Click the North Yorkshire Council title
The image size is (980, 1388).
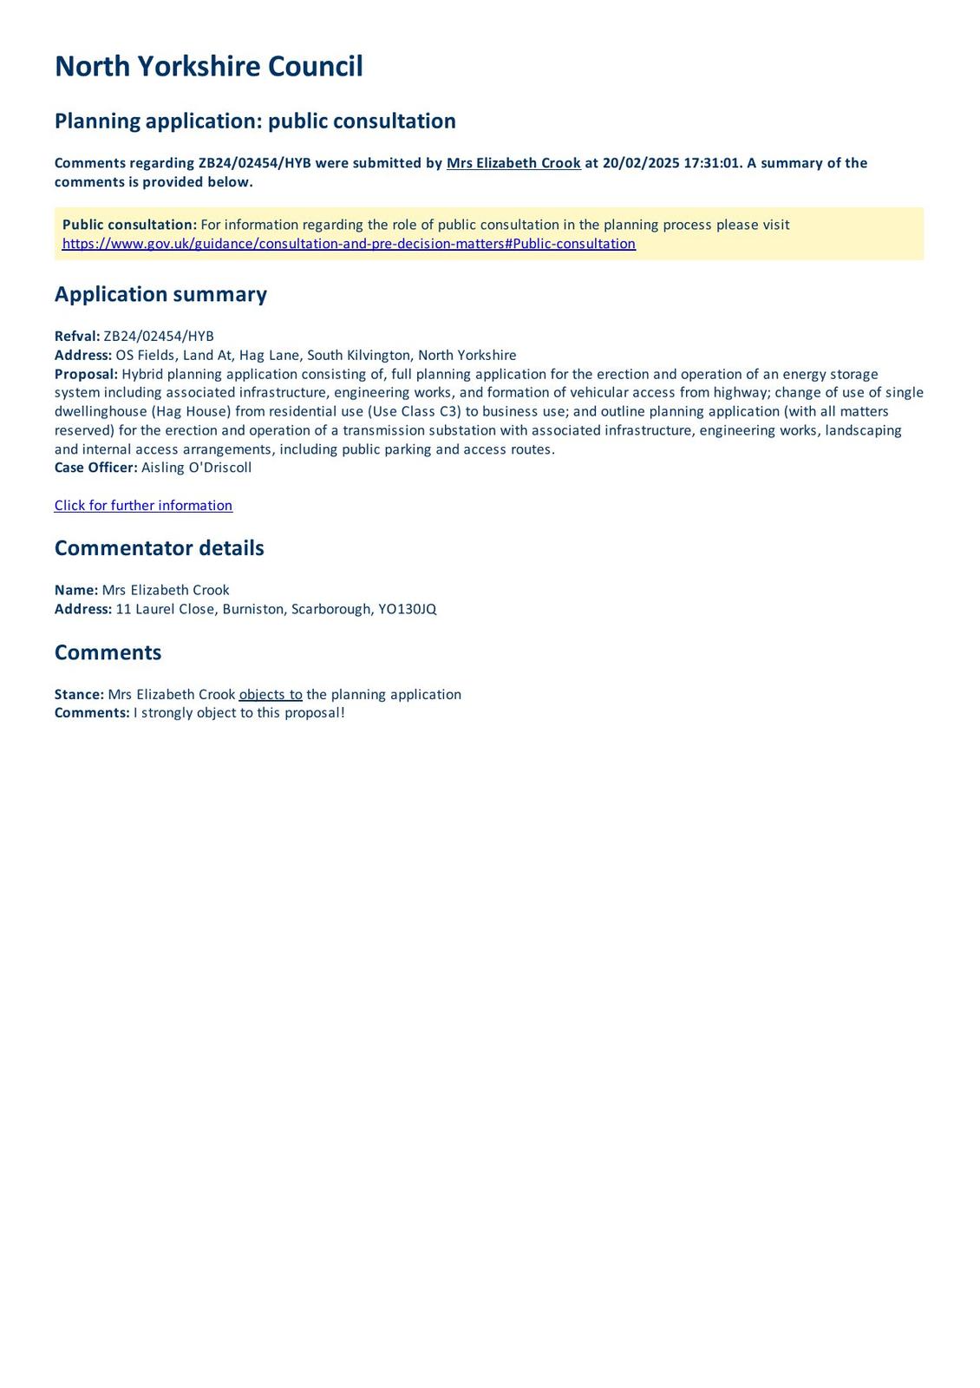pyautogui.click(x=208, y=67)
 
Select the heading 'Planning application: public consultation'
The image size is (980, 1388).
pyautogui.click(x=255, y=121)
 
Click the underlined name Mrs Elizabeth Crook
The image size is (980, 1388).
pyautogui.click(x=513, y=163)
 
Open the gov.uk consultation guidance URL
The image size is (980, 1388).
pyautogui.click(x=349, y=244)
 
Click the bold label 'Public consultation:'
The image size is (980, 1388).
pyautogui.click(x=129, y=225)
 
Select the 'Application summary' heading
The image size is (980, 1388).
pyautogui.click(x=160, y=295)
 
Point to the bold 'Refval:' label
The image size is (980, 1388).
pyautogui.click(x=77, y=337)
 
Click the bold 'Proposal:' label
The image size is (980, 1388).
pyautogui.click(x=86, y=374)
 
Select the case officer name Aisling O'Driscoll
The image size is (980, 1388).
pyautogui.click(x=196, y=468)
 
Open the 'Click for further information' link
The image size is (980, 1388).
pyautogui.click(x=143, y=506)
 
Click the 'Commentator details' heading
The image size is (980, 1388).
pyautogui.click(x=159, y=548)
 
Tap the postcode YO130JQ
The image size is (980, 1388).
pyautogui.click(x=407, y=610)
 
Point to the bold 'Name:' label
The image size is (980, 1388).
pyautogui.click(x=76, y=591)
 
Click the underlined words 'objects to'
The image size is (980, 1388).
pyautogui.click(x=271, y=695)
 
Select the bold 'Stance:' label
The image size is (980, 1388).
pyautogui.click(x=79, y=695)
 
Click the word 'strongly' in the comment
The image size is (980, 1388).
pyautogui.click(x=168, y=713)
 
